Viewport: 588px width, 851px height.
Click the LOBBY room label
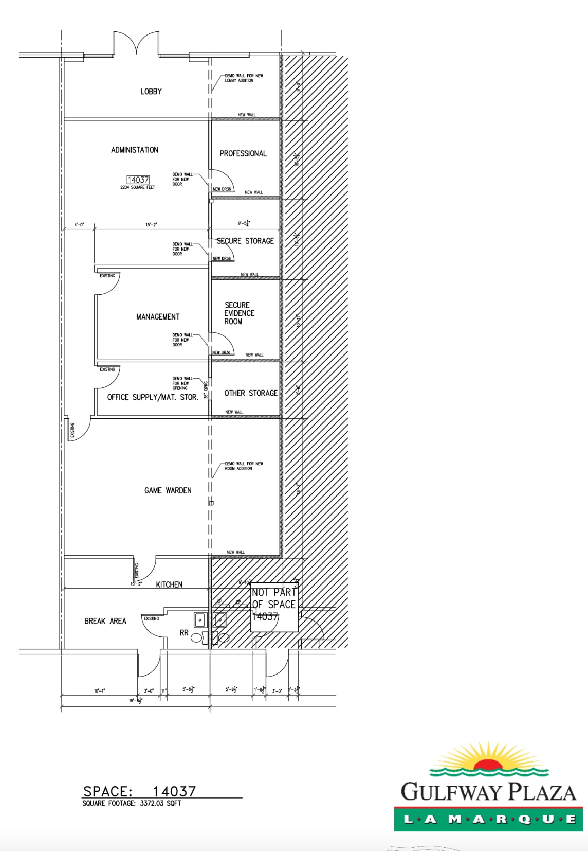(x=151, y=92)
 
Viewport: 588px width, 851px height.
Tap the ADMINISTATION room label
(x=135, y=150)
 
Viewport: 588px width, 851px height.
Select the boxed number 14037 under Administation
(x=138, y=180)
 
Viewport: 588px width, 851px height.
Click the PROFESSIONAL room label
(x=243, y=153)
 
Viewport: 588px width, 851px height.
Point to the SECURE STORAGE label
(x=245, y=241)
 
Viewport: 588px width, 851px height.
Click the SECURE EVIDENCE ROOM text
(x=238, y=313)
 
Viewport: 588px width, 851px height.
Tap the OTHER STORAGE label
(x=251, y=393)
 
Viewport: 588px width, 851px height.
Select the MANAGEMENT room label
(x=158, y=317)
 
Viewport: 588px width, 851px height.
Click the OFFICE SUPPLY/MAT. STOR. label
(x=153, y=397)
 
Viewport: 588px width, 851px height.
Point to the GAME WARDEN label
(x=168, y=491)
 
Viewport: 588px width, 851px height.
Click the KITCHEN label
(x=169, y=584)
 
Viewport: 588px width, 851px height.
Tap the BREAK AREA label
(x=105, y=621)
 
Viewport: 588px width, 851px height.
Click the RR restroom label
(x=184, y=633)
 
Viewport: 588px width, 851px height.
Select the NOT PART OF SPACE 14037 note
(x=274, y=605)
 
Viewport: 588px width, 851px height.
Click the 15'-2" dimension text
(x=151, y=225)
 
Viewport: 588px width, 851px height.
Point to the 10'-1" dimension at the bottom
(x=100, y=691)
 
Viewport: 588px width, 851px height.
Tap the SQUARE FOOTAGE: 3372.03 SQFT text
(x=132, y=803)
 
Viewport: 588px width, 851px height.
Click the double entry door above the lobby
(x=136, y=44)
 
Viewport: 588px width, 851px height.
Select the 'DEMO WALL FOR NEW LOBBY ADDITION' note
(x=244, y=78)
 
